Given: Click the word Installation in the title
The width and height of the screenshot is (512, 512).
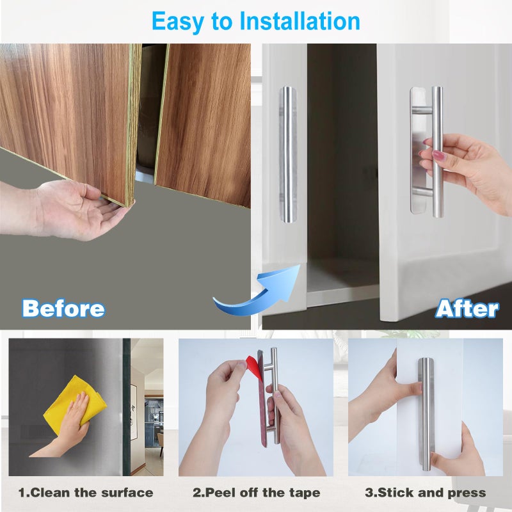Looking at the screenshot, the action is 300,21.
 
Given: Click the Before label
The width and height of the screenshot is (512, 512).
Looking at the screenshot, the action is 63,308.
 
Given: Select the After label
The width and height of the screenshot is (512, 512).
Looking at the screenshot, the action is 467,308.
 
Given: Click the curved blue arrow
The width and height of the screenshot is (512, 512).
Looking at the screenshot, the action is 261,294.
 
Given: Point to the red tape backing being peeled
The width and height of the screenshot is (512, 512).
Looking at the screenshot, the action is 254,367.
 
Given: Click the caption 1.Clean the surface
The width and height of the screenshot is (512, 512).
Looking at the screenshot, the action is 86,492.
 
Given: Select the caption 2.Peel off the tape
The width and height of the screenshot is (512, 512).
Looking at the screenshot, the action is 257,492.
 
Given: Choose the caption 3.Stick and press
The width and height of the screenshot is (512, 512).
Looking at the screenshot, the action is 425,492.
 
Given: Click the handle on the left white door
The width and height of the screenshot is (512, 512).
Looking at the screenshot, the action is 288,154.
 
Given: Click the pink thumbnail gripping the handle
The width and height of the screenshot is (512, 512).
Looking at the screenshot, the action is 438,155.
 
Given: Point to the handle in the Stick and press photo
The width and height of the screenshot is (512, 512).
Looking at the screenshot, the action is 426,413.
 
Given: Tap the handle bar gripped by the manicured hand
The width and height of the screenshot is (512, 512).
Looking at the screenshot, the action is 437,152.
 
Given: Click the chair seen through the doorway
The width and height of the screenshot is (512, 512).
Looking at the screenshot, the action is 161,444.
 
